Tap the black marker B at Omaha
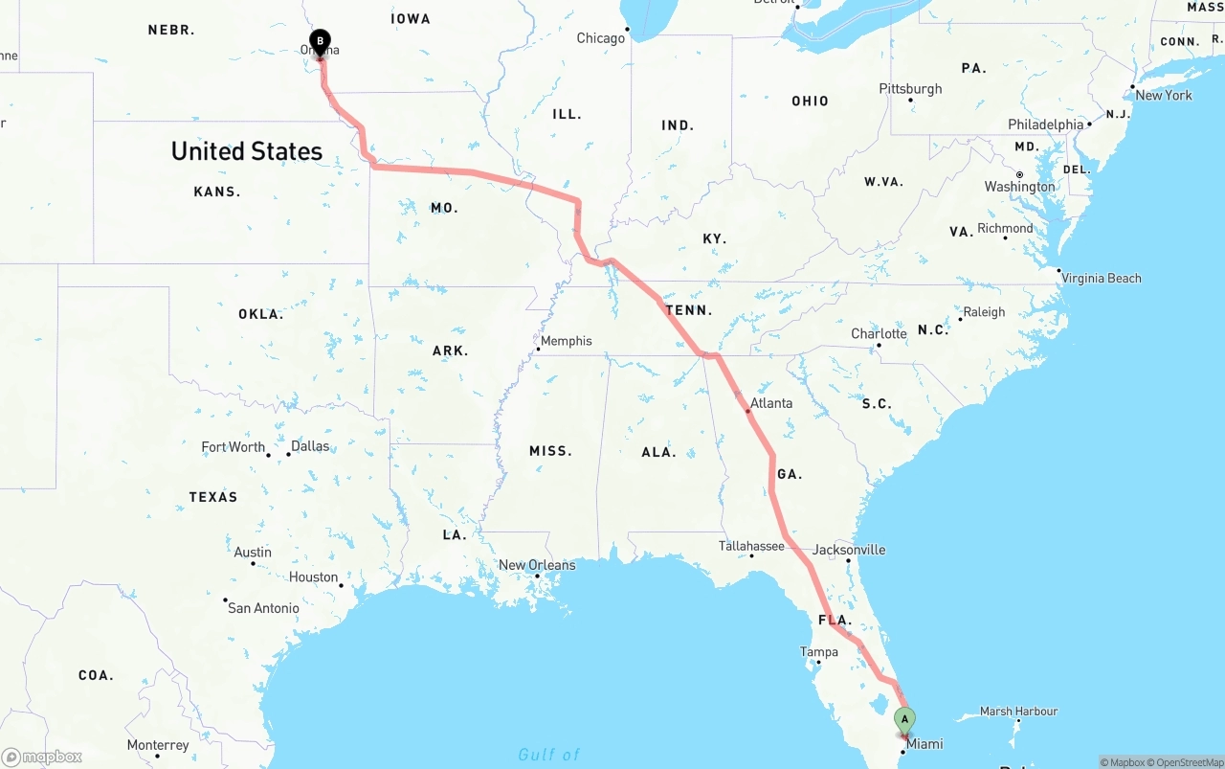(x=320, y=42)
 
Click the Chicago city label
(x=600, y=38)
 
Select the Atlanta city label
(x=771, y=403)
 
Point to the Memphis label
(x=567, y=341)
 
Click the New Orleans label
(x=537, y=565)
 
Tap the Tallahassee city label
(x=751, y=546)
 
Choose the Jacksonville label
(x=849, y=550)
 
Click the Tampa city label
(x=819, y=652)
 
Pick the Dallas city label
(x=310, y=446)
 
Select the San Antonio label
(x=263, y=608)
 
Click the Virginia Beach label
(x=1102, y=278)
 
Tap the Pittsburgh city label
(x=910, y=89)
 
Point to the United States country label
(x=247, y=151)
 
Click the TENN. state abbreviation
(x=689, y=310)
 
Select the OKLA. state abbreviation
(x=260, y=314)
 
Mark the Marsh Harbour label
(x=1019, y=712)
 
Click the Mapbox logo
(x=42, y=758)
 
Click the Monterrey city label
(x=158, y=745)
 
